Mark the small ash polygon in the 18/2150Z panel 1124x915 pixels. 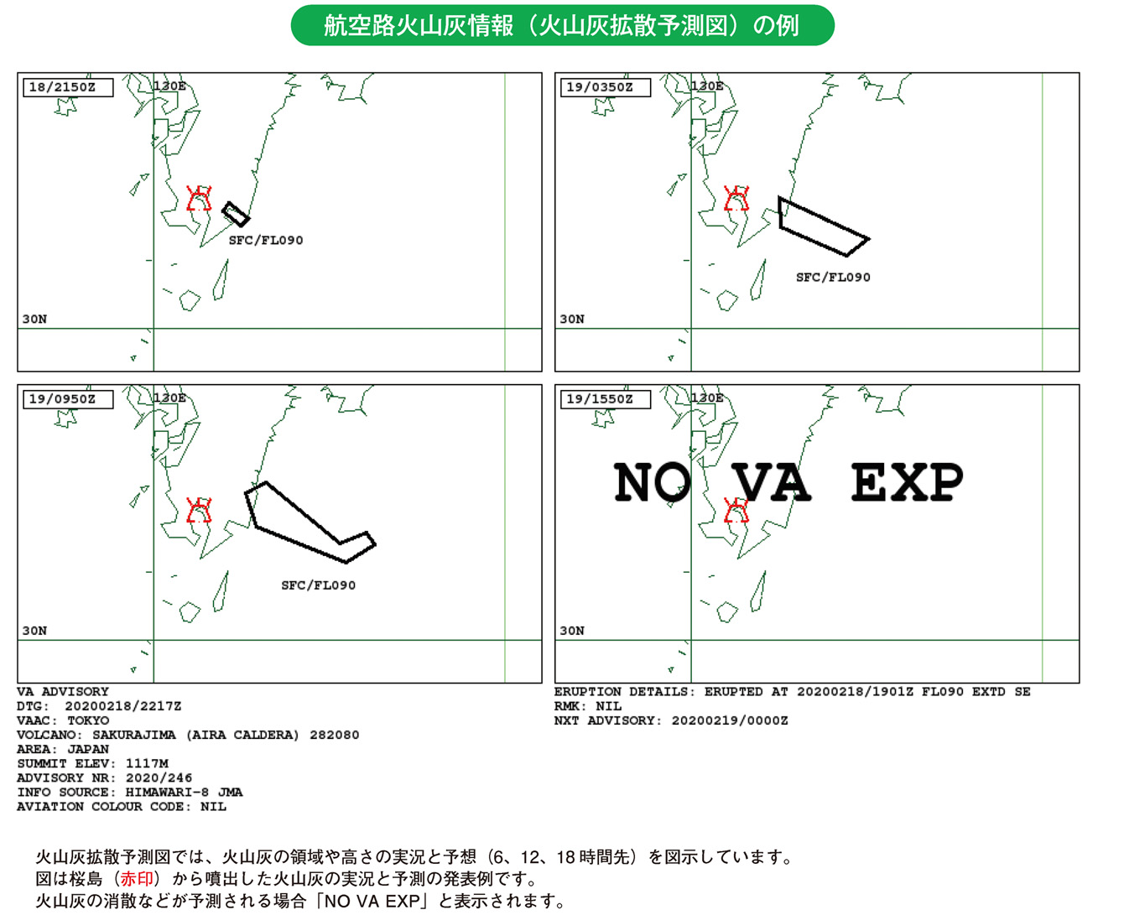[236, 214]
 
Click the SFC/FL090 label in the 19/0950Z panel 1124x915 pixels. [318, 585]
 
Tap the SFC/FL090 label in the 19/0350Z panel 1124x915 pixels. [833, 278]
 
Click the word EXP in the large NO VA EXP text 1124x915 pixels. [907, 482]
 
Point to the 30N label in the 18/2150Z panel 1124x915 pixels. [34, 320]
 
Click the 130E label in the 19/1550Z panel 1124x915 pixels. [707, 398]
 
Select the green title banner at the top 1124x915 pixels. [562, 26]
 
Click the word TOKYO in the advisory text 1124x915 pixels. [88, 720]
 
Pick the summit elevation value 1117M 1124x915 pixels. [147, 763]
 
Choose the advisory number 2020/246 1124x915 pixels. [159, 777]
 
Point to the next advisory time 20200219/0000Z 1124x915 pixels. [730, 720]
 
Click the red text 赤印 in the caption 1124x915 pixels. [139, 879]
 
